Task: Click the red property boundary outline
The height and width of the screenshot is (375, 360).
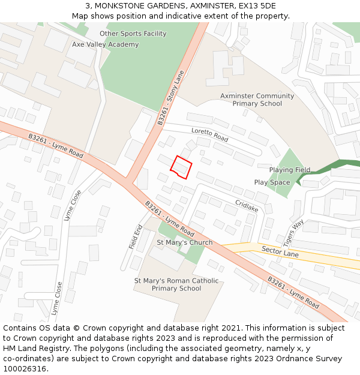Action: (181, 166)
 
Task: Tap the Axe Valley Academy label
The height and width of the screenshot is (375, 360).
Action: (105, 44)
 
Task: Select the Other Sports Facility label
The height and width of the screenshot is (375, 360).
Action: (133, 34)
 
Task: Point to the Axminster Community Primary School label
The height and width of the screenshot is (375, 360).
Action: (257, 100)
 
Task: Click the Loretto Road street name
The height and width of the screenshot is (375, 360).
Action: (209, 134)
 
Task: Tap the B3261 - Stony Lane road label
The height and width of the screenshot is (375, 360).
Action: (171, 97)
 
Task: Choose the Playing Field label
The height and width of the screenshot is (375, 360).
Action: (289, 170)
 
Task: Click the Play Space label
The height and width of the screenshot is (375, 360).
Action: (272, 182)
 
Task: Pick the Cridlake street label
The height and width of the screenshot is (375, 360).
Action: (247, 206)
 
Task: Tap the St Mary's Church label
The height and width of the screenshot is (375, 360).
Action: (184, 242)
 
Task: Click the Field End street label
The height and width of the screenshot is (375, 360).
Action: (136, 237)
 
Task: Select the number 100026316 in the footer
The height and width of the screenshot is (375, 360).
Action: (25, 368)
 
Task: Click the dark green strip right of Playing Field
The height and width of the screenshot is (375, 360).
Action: (336, 166)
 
